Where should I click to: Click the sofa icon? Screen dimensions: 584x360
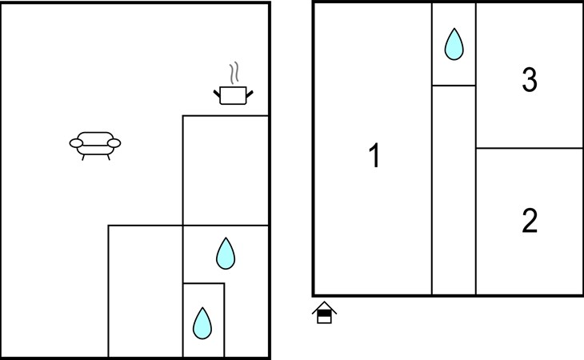coord(95,146)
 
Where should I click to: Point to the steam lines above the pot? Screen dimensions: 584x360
coord(234,73)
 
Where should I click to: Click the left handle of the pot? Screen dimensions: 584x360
coord(217,94)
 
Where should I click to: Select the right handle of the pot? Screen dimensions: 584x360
coord(250,94)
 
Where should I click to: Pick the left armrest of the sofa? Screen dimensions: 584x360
coord(76,143)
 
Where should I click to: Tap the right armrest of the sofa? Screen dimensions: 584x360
coord(114,143)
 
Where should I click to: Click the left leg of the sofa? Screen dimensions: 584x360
coord(83,158)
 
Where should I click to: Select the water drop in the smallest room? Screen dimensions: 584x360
coord(202,323)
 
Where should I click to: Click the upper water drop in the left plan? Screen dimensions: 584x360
coord(226,253)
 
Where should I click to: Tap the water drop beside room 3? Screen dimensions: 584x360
coord(454,44)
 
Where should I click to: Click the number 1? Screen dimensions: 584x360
coord(374,155)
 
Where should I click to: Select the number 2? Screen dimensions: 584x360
coord(530,220)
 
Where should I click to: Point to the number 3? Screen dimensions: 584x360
coord(530,80)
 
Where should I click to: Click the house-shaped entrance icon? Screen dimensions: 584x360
coord(325,312)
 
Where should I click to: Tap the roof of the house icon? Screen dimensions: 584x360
coord(325,307)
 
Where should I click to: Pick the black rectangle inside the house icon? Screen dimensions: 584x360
coord(325,314)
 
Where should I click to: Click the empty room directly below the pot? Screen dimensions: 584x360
coord(226,170)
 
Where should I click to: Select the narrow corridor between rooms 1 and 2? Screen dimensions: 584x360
coord(454,190)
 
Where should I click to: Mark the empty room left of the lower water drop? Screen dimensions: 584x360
coord(146,291)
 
